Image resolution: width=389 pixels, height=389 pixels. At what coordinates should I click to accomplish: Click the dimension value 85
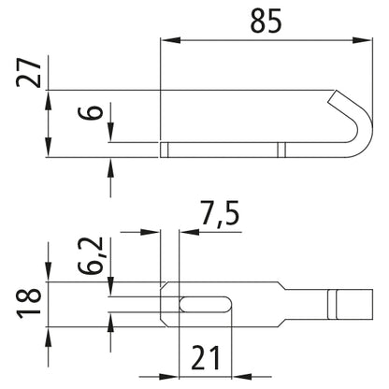coord(266,21)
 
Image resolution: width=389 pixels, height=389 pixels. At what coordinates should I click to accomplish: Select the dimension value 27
coord(28,72)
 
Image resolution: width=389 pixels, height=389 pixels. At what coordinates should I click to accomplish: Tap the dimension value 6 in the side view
coord(91,112)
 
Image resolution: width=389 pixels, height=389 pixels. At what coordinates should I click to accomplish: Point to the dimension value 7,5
coord(220,213)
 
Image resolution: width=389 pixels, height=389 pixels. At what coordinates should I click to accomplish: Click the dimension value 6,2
coord(91,255)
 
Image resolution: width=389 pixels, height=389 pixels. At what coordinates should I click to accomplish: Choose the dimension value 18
coord(29,303)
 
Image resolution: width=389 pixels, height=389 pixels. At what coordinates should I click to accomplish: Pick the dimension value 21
coord(206,357)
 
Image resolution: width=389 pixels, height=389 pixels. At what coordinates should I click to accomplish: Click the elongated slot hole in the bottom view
coord(206,304)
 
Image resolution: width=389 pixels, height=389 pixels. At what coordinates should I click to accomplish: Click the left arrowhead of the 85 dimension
coord(170,40)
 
